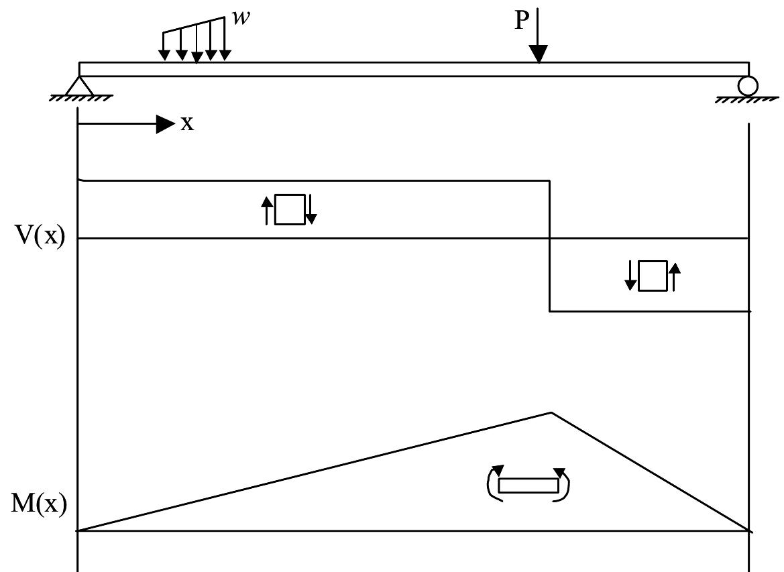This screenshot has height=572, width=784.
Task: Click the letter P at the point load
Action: (x=521, y=21)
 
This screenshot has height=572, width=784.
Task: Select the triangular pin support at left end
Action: (x=80, y=86)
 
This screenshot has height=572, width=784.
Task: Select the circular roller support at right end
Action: (x=748, y=86)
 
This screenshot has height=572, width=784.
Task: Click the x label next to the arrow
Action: (x=187, y=123)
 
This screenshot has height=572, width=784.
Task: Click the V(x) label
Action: (x=40, y=238)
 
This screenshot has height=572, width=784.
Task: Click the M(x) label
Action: (x=40, y=504)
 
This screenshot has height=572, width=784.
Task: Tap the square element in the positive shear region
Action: (x=290, y=209)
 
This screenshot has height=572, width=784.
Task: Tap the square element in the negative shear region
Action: (x=653, y=276)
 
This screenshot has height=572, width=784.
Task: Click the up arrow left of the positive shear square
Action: (x=268, y=209)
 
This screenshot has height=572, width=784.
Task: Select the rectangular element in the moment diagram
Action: (x=528, y=485)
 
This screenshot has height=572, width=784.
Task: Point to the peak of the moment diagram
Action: (x=551, y=413)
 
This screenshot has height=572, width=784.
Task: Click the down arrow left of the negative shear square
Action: (x=630, y=276)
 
